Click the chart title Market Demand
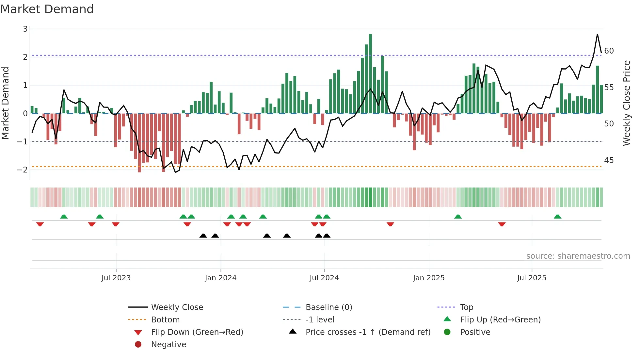pos(47,9)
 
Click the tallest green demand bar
pos(370,74)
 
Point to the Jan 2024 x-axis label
pos(220,278)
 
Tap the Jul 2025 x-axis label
pos(532,278)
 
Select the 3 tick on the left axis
pos(25,29)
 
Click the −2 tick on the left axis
pos(23,170)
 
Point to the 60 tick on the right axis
pos(609,51)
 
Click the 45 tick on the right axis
pos(609,160)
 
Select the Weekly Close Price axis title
pos(626,103)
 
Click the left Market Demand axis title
pos(5,103)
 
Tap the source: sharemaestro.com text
pos(578,256)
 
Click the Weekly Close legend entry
pos(177,307)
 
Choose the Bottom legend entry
pos(165,320)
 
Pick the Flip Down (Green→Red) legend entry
pos(197,332)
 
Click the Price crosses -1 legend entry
pos(368,332)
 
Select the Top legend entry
pos(467,307)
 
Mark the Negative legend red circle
pos(138,345)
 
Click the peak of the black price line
pos(597,34)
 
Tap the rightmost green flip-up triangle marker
pos(557,217)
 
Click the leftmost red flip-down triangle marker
pos(40,224)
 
